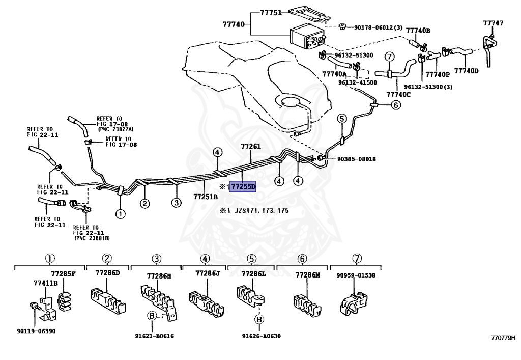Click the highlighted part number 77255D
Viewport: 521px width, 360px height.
(243, 186)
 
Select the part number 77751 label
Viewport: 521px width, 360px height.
(271, 13)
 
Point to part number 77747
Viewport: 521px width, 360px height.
(493, 23)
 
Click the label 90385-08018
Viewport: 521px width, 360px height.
(357, 159)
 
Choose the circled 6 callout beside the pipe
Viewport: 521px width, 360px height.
(396, 105)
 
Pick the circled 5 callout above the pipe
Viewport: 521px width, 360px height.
(342, 118)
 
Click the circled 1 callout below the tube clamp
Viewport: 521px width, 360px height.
(121, 214)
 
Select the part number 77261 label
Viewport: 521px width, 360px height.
(251, 146)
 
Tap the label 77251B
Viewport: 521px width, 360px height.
(206, 197)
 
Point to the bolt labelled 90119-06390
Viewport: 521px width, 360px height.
(34, 306)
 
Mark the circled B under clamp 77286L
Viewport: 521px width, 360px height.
(259, 319)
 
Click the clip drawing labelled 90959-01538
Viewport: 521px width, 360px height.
(354, 302)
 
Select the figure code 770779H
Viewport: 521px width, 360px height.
(503, 338)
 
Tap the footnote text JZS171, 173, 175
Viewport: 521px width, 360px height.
(262, 211)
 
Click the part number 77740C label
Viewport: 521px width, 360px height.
(398, 94)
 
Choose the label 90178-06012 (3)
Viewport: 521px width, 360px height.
(378, 27)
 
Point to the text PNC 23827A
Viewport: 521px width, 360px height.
(116, 129)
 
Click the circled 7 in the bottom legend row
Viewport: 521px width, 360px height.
(357, 258)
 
